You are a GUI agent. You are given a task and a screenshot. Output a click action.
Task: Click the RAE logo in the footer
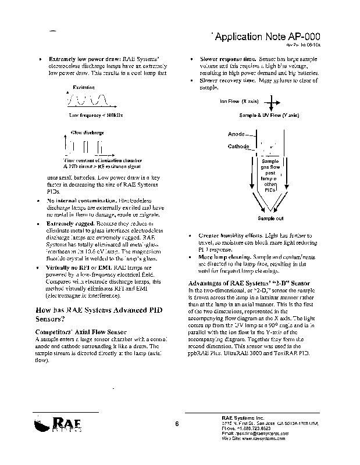click(x=55, y=424)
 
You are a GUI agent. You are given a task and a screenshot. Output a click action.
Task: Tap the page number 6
click(x=176, y=424)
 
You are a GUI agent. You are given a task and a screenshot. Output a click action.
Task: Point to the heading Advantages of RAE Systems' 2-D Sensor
click(x=249, y=283)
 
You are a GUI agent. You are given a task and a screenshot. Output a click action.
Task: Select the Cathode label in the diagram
click(x=238, y=146)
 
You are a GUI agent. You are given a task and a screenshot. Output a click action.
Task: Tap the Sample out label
click(x=270, y=219)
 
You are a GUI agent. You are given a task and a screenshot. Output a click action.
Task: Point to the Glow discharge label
click(x=83, y=133)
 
